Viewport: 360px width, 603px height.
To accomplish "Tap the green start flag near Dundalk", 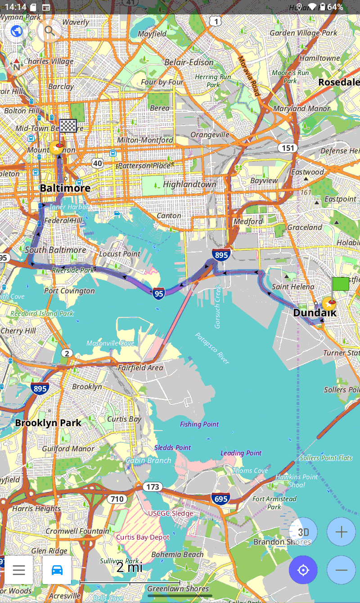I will pyautogui.click(x=340, y=284).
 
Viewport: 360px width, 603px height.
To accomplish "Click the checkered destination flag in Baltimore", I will pyautogui.click(x=68, y=126).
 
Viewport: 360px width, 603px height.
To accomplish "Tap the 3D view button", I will pyautogui.click(x=303, y=532).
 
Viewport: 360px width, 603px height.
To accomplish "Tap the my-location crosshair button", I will pyautogui.click(x=303, y=570).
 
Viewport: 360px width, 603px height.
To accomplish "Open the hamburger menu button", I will pyautogui.click(x=19, y=570).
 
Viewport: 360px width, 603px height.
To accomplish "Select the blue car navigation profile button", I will pyautogui.click(x=57, y=570).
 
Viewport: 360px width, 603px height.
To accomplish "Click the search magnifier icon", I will pyautogui.click(x=49, y=31).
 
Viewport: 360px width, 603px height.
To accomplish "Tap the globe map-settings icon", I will pyautogui.click(x=17, y=31).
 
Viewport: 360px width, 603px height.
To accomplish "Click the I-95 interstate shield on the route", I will pyautogui.click(x=158, y=293).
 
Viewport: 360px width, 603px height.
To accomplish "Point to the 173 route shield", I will pyautogui.click(x=153, y=487).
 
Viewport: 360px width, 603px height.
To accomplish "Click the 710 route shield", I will pyautogui.click(x=117, y=499).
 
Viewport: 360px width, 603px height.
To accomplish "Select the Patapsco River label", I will pyautogui.click(x=212, y=348).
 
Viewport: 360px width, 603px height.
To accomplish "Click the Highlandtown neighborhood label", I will pyautogui.click(x=189, y=184).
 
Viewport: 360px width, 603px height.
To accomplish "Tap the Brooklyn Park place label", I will pyautogui.click(x=48, y=423).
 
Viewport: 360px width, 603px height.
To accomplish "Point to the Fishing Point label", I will pyautogui.click(x=199, y=424).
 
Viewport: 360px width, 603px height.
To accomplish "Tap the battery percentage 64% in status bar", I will pyautogui.click(x=335, y=7).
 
